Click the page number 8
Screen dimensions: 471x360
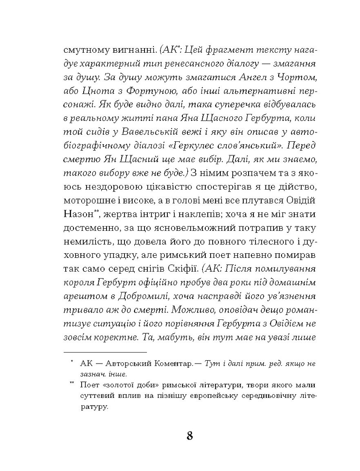[189, 435]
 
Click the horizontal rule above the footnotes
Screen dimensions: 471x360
[105, 351]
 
